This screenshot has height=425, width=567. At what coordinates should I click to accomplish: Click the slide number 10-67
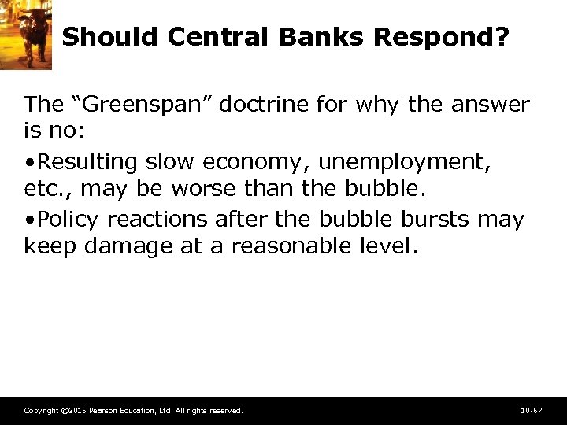tap(532, 411)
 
